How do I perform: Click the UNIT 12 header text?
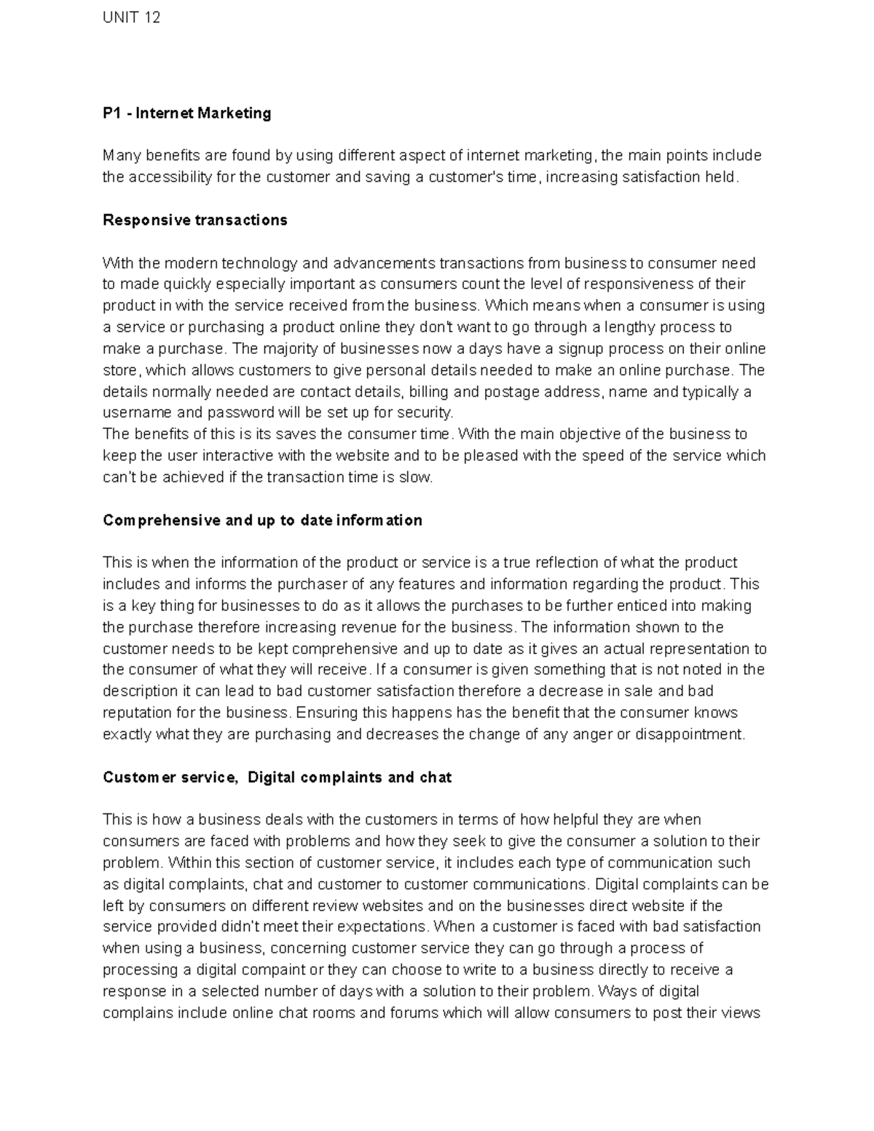pyautogui.click(x=131, y=17)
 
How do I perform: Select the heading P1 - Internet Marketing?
pyautogui.click(x=186, y=113)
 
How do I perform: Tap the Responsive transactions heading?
pyautogui.click(x=194, y=220)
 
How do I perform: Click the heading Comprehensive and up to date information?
pyautogui.click(x=262, y=520)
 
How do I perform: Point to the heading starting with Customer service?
pyautogui.click(x=277, y=777)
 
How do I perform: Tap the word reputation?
pyautogui.click(x=138, y=712)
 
